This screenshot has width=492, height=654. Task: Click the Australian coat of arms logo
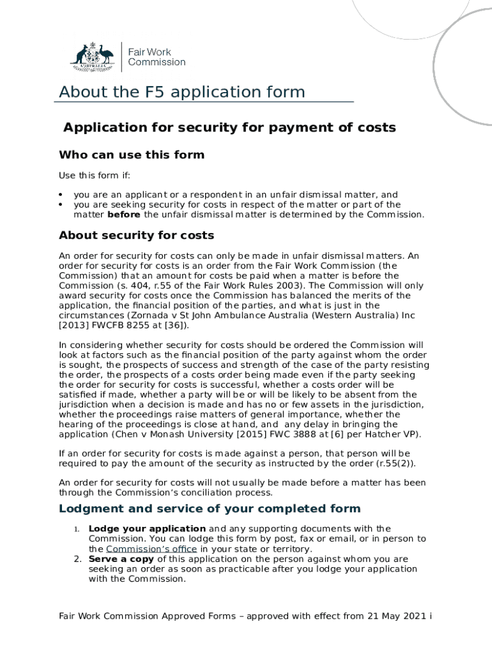[x=91, y=56]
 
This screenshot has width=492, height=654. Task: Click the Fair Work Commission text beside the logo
[x=157, y=57]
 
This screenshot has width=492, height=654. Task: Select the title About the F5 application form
[x=182, y=92]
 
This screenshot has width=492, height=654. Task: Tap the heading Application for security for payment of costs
[x=229, y=127]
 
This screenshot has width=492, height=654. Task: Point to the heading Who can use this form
[x=132, y=155]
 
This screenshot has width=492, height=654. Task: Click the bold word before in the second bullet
[x=124, y=215]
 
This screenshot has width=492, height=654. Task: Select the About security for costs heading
[x=136, y=236]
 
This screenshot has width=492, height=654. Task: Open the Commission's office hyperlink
[x=151, y=549]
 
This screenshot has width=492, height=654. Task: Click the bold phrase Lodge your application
[x=147, y=528]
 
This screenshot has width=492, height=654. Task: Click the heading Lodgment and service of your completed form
[x=210, y=508]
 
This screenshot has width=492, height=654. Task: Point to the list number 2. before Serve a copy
[x=76, y=559]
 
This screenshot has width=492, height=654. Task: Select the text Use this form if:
[x=94, y=176]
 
